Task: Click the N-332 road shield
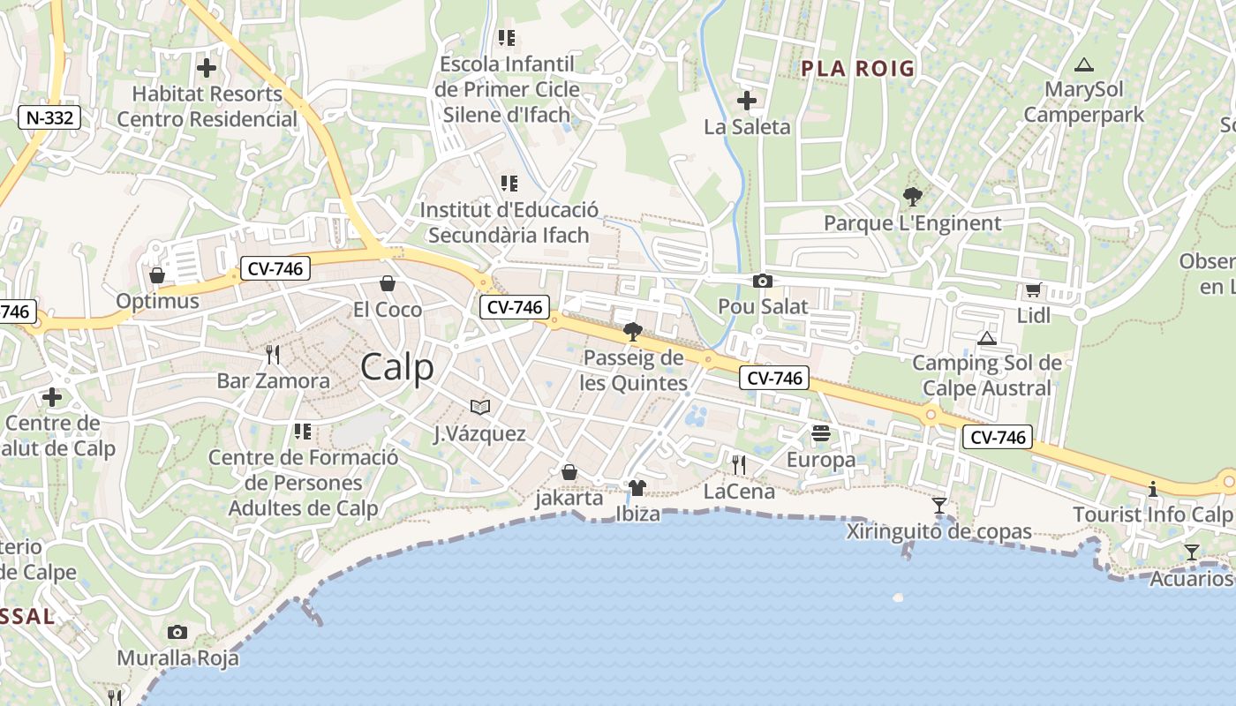(49, 117)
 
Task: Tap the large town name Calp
(397, 367)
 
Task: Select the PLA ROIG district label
(857, 69)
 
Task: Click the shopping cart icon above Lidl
(1033, 289)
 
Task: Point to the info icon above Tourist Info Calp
(1152, 489)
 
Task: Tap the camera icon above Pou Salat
(762, 281)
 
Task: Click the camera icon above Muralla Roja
(177, 632)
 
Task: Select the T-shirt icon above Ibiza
(637, 487)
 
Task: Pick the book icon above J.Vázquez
(480, 407)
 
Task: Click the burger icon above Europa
(821, 433)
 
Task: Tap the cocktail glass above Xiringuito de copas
(939, 506)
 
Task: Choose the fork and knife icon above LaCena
(739, 465)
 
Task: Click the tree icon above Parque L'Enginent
(912, 197)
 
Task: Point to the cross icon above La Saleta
(747, 101)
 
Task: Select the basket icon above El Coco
(387, 283)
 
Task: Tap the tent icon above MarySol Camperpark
(1083, 64)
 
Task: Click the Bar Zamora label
(274, 381)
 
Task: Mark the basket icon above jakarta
(569, 472)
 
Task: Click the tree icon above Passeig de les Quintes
(632, 332)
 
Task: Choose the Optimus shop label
(158, 302)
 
